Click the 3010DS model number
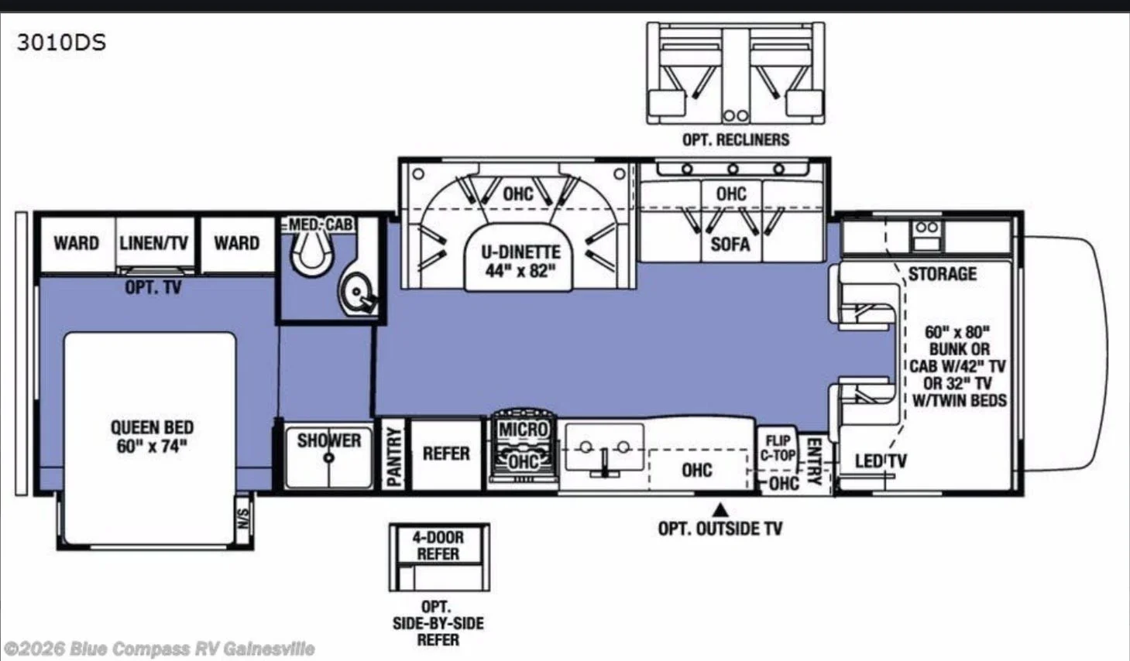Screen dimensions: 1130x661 click(61, 43)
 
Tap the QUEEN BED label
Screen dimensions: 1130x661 click(153, 427)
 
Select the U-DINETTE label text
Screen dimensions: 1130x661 click(520, 252)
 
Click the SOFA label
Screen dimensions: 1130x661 click(730, 245)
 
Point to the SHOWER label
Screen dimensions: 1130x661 click(329, 440)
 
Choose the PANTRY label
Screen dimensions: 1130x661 click(393, 457)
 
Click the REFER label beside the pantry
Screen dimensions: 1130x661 click(446, 454)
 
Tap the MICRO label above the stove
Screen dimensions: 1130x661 click(523, 429)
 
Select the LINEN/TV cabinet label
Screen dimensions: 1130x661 click(153, 243)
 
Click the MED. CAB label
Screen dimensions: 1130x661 click(321, 224)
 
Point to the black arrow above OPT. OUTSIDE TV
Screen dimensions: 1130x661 click(720, 510)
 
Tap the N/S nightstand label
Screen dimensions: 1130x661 click(243, 519)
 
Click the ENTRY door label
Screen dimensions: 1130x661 click(815, 461)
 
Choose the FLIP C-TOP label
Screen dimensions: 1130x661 click(778, 447)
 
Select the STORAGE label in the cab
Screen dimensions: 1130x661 click(943, 274)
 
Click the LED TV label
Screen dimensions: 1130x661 click(881, 461)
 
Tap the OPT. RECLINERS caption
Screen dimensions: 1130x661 click(736, 139)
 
